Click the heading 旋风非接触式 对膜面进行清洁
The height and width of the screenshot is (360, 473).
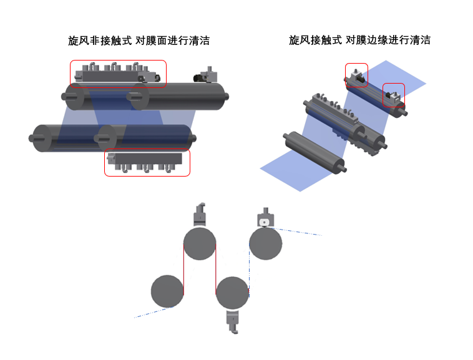point(139,41)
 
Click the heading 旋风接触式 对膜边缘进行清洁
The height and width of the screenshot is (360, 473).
point(359,40)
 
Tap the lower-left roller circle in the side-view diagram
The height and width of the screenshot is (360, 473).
point(167,291)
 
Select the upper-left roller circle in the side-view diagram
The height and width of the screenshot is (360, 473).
point(200,243)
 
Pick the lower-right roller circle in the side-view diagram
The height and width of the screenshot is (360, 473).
point(232,293)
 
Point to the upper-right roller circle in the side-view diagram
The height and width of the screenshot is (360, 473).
point(265,243)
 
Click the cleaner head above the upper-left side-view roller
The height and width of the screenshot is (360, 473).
point(200,215)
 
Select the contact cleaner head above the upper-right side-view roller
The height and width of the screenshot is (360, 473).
point(265,218)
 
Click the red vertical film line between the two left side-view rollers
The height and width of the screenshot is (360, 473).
point(183,270)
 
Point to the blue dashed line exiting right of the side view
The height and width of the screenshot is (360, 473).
point(297,231)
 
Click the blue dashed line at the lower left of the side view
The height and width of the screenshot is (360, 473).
point(154,313)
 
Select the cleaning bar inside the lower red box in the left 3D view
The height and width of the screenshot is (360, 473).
point(145,162)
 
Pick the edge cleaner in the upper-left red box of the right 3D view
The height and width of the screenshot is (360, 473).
point(357,75)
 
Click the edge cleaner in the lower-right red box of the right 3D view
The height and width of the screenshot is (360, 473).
point(393,95)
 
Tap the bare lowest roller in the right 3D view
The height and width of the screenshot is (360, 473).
point(315,153)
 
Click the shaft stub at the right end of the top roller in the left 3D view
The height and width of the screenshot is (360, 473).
point(227,97)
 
